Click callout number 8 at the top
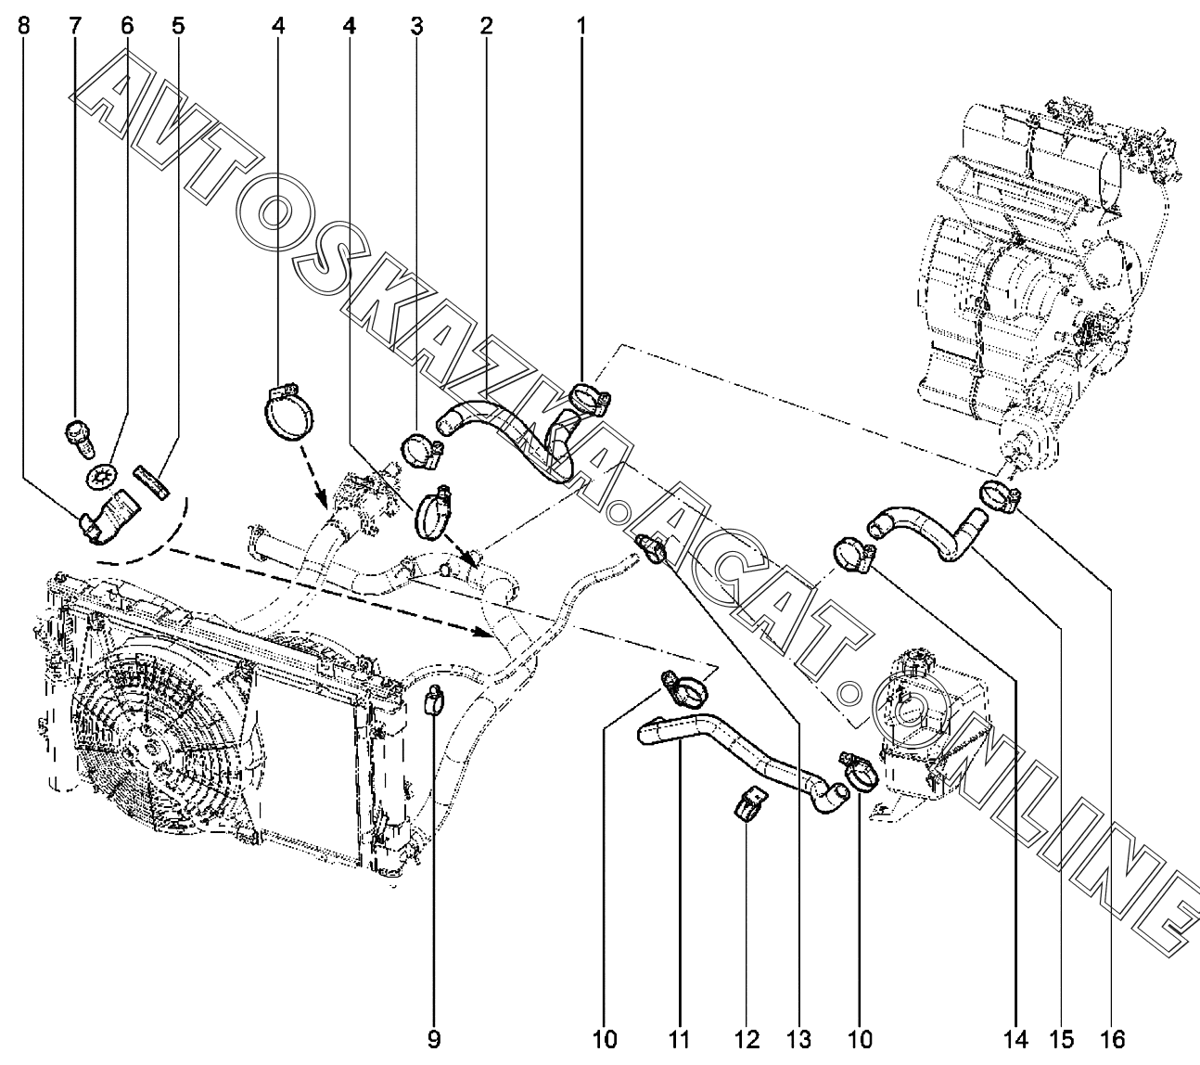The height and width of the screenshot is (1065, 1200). [x=24, y=26]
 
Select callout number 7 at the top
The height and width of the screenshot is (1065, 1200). [x=75, y=26]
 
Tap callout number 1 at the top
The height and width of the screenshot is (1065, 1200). [x=581, y=26]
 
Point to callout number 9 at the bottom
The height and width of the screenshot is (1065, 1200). [x=434, y=1040]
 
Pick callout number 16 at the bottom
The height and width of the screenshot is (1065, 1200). [x=1112, y=1040]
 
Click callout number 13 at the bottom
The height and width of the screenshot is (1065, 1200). [x=798, y=1040]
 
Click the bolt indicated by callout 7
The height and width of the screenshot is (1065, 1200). [x=80, y=439]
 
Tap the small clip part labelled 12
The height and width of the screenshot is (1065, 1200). [x=749, y=805]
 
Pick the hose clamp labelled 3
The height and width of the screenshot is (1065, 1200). [x=422, y=449]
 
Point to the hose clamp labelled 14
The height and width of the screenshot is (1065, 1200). [x=853, y=555]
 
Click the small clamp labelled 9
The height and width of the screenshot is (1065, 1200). [x=434, y=699]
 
